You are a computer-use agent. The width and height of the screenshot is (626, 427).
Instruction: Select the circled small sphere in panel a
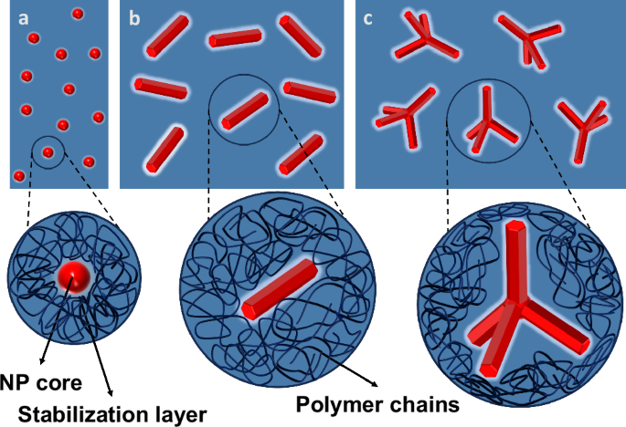coord(48,151)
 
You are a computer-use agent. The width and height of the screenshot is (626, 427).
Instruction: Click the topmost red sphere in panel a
coord(77,15)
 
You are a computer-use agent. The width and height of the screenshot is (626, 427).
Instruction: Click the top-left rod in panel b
coord(170,36)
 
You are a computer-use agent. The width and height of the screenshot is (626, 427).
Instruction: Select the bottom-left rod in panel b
coord(164,149)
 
